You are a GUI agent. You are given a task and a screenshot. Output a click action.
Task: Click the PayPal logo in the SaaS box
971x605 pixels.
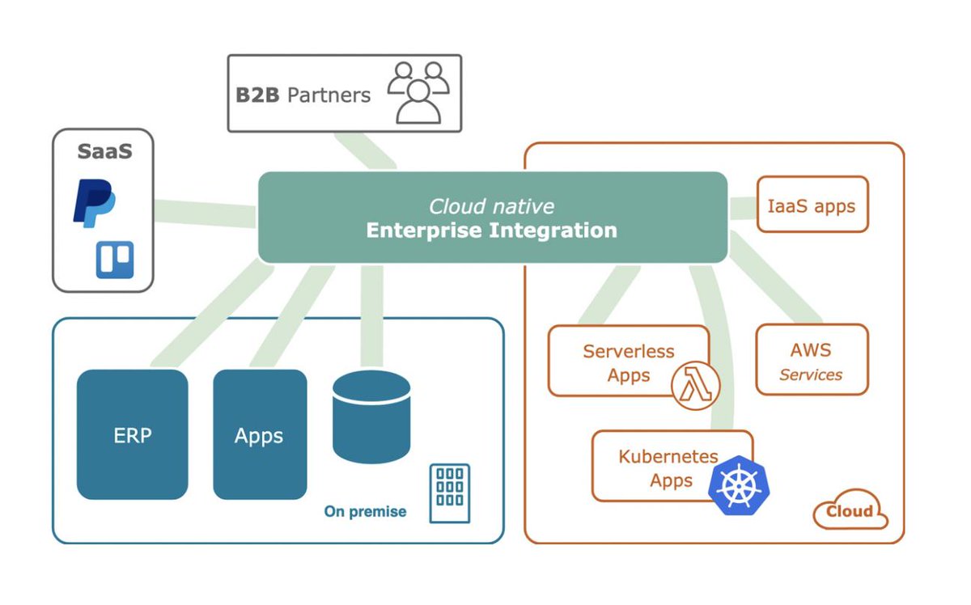[x=95, y=203]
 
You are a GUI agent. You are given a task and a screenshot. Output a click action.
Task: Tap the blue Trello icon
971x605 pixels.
[x=115, y=260]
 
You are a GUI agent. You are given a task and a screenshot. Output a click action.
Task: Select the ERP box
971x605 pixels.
[x=133, y=434]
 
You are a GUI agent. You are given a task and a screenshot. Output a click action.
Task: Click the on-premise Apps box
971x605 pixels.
[x=260, y=434]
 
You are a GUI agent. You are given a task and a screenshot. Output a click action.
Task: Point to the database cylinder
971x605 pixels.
[x=371, y=417]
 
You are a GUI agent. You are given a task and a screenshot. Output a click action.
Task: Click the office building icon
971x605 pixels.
[x=450, y=493]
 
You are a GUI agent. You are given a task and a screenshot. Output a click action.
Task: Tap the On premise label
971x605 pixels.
[x=365, y=511]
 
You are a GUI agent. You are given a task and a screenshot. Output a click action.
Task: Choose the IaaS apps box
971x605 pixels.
[x=812, y=204]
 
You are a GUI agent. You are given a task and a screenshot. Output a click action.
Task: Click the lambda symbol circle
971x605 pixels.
[x=696, y=386]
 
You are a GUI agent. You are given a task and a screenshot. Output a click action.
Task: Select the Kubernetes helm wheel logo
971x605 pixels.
[x=739, y=485]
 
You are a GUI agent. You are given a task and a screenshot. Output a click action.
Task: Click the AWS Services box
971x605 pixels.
[x=812, y=359]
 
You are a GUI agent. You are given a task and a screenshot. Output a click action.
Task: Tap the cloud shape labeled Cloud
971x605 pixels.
[x=850, y=510]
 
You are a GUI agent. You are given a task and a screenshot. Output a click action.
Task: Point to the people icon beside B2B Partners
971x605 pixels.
[x=418, y=93]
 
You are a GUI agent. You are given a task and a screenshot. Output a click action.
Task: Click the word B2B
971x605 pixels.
[x=257, y=95]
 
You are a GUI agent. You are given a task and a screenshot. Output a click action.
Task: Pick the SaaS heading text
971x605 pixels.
[x=105, y=151]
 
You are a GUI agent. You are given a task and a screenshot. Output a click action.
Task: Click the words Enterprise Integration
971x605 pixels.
[x=492, y=231]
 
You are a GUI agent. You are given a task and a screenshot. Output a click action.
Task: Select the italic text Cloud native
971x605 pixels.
[x=492, y=206]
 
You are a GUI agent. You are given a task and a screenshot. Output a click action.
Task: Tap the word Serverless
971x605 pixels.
[x=629, y=351]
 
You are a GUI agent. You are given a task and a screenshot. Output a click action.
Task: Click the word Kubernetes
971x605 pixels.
[x=668, y=456]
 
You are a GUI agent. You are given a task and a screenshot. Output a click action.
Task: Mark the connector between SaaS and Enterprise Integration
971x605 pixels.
[x=205, y=214]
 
